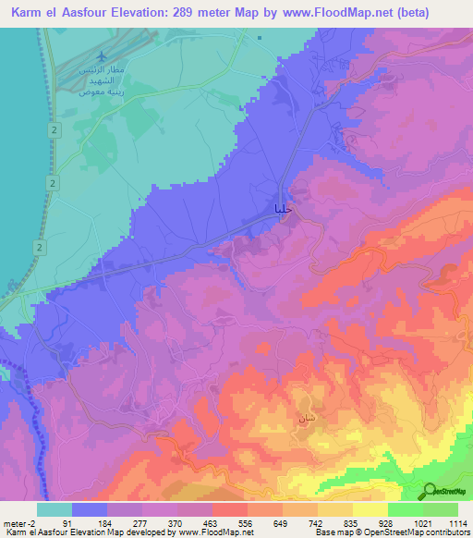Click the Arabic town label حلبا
click(285, 210)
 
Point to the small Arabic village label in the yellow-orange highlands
click(306, 418)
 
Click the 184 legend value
click(107, 522)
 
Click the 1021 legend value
click(419, 522)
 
